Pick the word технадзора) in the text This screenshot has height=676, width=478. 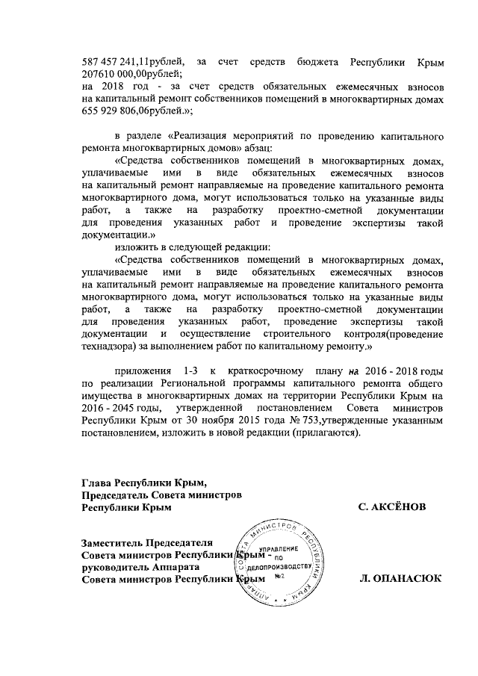coord(108,347)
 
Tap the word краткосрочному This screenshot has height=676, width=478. coord(267,372)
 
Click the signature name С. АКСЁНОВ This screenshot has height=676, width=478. coord(392,507)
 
